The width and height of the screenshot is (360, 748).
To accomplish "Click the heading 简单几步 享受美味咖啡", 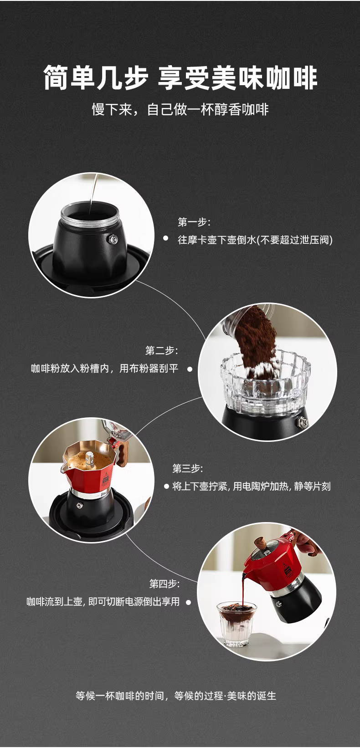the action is (x=180, y=78).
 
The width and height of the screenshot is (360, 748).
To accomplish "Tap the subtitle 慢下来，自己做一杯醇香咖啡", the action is (x=180, y=109).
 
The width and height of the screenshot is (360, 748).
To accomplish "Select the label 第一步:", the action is (x=194, y=222).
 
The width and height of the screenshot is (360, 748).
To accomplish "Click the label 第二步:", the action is (x=162, y=350).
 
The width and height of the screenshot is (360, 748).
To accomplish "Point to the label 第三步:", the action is (x=187, y=468).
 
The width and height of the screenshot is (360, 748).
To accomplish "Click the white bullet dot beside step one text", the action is (x=165, y=238).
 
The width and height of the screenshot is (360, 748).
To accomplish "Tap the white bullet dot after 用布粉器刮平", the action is (x=190, y=369).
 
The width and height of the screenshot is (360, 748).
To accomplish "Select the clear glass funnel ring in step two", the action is (x=266, y=381).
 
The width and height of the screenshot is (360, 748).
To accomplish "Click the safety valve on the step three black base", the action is (x=79, y=506).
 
